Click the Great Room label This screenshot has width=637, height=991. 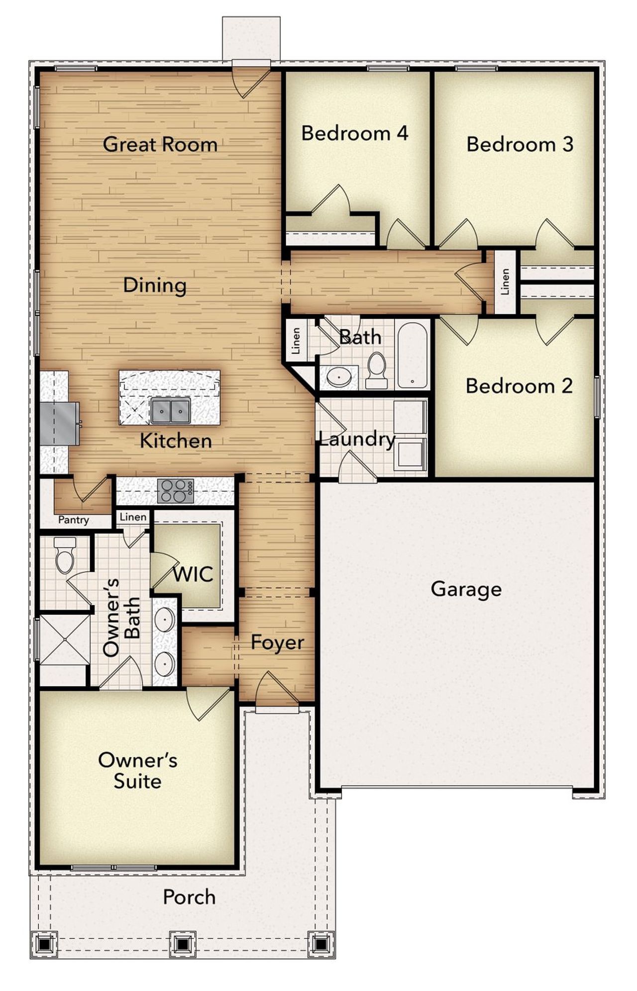(x=160, y=145)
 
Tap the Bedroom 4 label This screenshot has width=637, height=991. (x=355, y=133)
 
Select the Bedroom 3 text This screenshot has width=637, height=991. (x=520, y=144)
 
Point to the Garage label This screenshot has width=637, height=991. (x=466, y=590)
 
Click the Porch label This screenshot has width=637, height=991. (x=189, y=897)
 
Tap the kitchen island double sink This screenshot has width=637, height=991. (x=171, y=410)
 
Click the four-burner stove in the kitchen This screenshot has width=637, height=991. (x=175, y=491)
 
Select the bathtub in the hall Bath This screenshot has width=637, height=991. (x=413, y=355)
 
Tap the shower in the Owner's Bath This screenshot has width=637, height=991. (x=64, y=639)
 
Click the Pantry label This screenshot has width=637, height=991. (x=74, y=520)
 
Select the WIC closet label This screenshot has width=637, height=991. (x=193, y=575)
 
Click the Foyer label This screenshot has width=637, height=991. (x=277, y=642)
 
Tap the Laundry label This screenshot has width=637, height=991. (x=356, y=439)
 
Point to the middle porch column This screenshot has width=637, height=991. (x=182, y=943)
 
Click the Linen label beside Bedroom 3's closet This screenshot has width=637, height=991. (x=505, y=282)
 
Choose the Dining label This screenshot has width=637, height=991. (x=155, y=285)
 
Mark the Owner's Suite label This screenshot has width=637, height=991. (x=137, y=771)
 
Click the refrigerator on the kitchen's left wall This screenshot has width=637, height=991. (x=59, y=424)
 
